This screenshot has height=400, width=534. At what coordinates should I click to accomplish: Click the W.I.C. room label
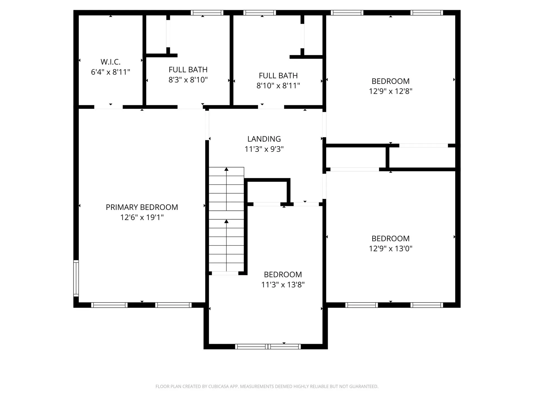(x=110, y=62)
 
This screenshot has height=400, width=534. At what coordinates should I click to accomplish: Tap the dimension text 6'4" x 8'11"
(x=110, y=72)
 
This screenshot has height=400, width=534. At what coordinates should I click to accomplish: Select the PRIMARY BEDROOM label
(x=142, y=207)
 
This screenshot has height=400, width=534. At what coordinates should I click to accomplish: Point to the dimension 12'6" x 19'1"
(x=142, y=217)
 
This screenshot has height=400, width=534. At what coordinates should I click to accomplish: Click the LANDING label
(x=264, y=139)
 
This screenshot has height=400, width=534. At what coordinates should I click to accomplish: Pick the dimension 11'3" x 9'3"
(x=264, y=149)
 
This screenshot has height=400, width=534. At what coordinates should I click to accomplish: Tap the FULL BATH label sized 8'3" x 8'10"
(x=188, y=69)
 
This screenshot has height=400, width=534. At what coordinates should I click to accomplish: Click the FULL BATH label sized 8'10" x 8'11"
(x=278, y=76)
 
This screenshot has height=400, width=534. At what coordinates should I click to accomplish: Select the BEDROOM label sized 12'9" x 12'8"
(x=390, y=81)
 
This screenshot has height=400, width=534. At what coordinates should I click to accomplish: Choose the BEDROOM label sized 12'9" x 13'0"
(x=390, y=238)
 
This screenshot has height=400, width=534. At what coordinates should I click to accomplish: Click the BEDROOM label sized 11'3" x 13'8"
(x=283, y=274)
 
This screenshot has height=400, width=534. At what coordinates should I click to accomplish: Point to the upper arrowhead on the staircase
(x=226, y=169)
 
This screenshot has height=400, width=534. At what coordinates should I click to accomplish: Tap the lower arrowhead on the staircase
(x=226, y=221)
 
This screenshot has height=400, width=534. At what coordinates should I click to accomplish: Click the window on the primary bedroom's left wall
(x=76, y=278)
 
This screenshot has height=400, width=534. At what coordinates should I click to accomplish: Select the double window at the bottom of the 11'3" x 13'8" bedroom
(x=268, y=346)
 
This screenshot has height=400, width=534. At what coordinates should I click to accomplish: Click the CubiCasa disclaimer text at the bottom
(x=267, y=386)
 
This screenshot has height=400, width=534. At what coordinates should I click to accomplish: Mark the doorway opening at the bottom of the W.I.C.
(x=108, y=107)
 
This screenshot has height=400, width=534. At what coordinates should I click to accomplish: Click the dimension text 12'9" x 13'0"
(x=390, y=249)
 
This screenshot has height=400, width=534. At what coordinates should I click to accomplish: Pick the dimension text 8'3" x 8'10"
(x=188, y=80)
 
